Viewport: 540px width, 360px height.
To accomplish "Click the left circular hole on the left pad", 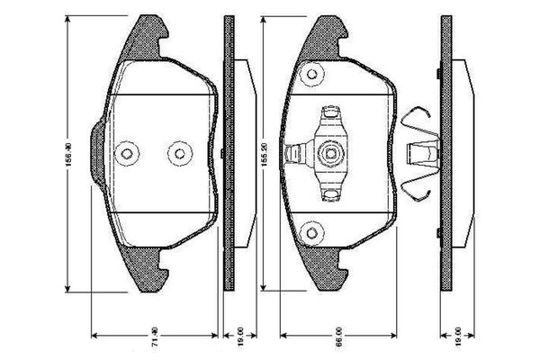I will [x=129, y=153].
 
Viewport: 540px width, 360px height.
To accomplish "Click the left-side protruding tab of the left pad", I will [x=97, y=153].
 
